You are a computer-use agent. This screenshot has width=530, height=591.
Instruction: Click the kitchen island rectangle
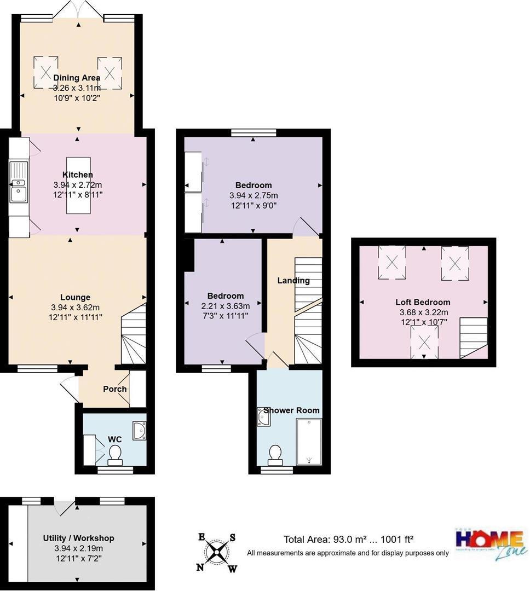click(78, 186)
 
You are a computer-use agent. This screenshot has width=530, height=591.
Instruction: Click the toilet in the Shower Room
click(275, 454)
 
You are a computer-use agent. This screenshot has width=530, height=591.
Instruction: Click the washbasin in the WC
click(139, 431)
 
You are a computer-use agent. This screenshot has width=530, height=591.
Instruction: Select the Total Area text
click(352, 539)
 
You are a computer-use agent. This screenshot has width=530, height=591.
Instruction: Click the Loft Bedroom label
click(423, 302)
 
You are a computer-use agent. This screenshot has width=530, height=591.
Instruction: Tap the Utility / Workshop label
click(78, 538)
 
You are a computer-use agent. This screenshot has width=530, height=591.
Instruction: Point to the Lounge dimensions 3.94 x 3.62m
click(75, 307)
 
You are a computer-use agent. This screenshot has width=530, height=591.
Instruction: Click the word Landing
click(293, 281)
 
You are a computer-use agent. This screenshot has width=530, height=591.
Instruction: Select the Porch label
click(115, 389)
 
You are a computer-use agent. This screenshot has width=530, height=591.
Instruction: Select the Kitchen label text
click(77, 175)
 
